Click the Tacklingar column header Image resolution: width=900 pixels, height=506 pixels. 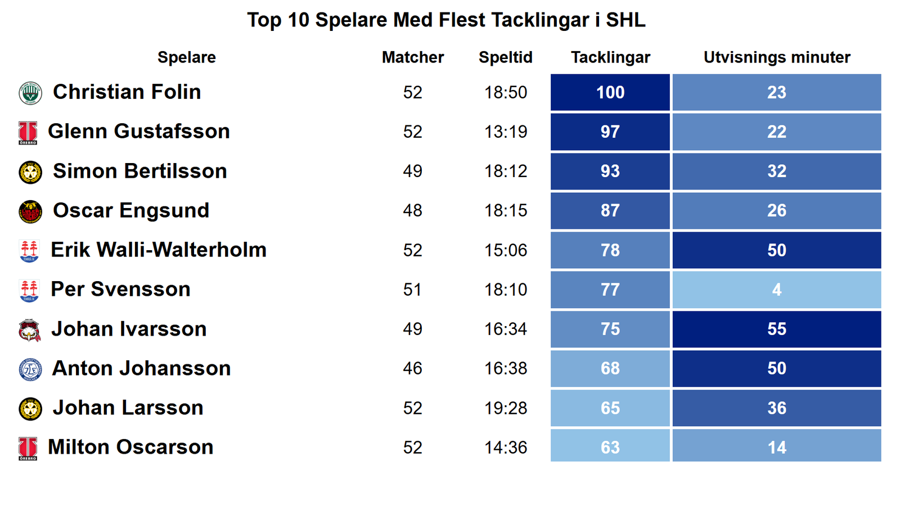click(610, 57)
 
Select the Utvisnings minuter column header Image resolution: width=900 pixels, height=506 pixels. click(776, 57)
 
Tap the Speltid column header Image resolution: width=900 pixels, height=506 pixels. click(505, 57)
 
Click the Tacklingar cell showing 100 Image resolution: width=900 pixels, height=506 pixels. click(610, 92)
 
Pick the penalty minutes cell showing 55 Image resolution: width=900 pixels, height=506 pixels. click(776, 329)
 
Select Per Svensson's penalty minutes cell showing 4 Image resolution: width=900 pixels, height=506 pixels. click(776, 290)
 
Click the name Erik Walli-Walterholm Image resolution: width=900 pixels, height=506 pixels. click(159, 250)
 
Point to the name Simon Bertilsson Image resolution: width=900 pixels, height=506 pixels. click(139, 171)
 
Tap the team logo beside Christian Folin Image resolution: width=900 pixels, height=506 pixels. click(30, 93)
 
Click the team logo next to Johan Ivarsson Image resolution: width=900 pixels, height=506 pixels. click(29, 330)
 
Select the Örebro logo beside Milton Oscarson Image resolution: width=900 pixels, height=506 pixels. click(28, 448)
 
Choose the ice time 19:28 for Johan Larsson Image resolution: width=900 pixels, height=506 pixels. click(506, 408)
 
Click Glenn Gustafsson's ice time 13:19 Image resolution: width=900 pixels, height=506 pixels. click(506, 132)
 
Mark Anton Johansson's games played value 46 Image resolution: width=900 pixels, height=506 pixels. click(412, 368)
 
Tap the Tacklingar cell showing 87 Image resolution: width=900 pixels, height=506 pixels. click(610, 211)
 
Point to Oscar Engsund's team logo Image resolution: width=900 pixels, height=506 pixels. click(30, 211)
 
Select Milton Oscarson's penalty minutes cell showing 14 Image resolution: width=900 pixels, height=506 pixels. click(776, 447)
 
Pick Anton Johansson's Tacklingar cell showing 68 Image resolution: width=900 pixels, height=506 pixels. click(610, 368)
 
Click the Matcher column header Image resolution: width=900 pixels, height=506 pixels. click(412, 57)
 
